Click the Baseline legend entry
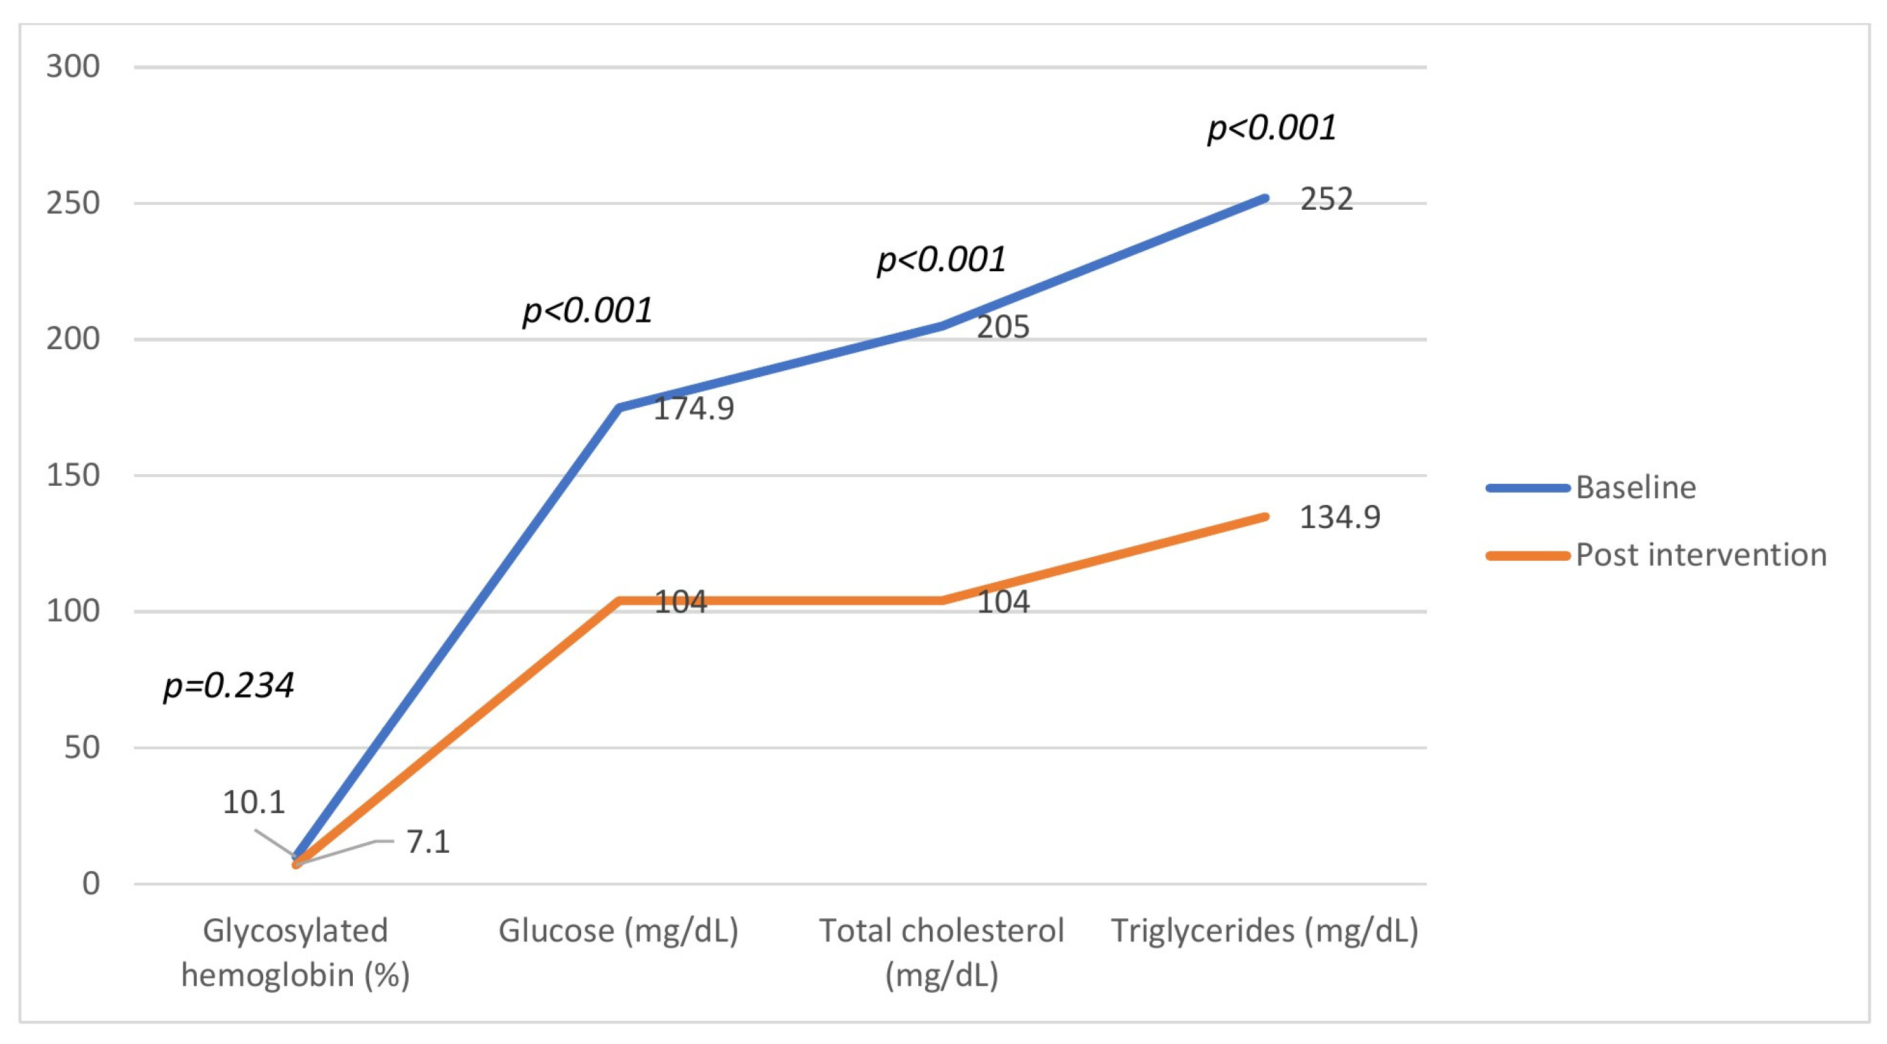point(1635,488)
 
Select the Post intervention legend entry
point(1700,555)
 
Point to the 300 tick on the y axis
point(72,67)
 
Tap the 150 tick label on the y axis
point(72,475)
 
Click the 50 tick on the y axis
point(81,747)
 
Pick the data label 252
point(1326,199)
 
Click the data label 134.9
point(1339,517)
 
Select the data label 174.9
point(693,409)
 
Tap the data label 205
point(1003,327)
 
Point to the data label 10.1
point(254,802)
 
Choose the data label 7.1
point(428,842)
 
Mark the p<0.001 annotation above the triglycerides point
point(1272,127)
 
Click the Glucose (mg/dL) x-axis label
point(618,931)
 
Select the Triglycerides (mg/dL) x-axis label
point(1265,931)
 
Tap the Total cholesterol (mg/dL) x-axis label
point(941,952)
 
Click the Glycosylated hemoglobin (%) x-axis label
point(295,952)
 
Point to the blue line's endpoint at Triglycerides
point(1265,198)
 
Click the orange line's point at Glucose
point(619,601)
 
